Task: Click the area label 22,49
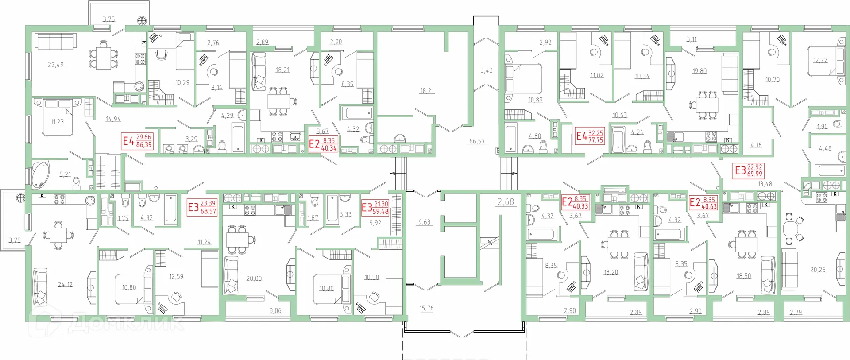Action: (56, 65)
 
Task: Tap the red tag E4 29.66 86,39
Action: (138, 141)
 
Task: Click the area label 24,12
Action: (65, 285)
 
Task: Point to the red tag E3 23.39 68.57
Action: (202, 207)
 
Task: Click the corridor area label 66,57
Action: (477, 142)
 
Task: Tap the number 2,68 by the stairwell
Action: (506, 202)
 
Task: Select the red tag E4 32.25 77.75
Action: (590, 136)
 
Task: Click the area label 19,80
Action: (699, 71)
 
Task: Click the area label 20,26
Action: (817, 270)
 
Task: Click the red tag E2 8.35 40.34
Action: (323, 144)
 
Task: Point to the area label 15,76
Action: (426, 308)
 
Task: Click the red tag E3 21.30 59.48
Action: (375, 208)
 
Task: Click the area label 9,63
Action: (424, 222)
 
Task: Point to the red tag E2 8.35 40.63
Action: (703, 203)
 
